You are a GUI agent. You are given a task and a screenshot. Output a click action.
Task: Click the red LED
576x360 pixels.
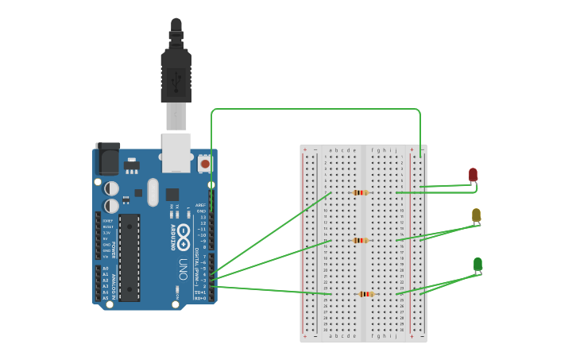(x=473, y=175)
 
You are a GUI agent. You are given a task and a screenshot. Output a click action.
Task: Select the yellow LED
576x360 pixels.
(x=476, y=215)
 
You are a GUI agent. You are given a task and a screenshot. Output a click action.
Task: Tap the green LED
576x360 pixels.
(x=477, y=264)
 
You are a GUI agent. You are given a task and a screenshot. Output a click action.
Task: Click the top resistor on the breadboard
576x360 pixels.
(x=361, y=192)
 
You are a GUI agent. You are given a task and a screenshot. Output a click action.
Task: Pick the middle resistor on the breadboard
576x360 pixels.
(x=361, y=240)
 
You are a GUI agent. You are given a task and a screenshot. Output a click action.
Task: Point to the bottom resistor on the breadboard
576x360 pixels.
(x=365, y=294)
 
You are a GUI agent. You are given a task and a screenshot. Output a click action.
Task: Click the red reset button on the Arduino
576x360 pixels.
(x=205, y=164)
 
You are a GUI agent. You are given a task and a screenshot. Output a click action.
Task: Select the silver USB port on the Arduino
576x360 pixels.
(x=176, y=152)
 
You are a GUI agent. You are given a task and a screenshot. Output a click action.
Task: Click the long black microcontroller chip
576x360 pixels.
(x=130, y=257)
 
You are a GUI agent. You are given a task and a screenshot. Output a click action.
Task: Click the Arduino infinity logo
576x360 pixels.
(x=183, y=234)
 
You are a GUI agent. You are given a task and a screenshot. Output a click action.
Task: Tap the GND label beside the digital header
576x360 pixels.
(x=201, y=211)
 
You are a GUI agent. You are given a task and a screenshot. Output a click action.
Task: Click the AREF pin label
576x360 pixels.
(x=200, y=205)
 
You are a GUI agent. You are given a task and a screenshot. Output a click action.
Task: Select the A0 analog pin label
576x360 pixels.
(x=106, y=269)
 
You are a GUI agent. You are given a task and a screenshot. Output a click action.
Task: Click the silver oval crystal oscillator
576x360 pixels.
(x=153, y=192)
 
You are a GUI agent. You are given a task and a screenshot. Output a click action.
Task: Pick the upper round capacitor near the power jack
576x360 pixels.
(x=112, y=188)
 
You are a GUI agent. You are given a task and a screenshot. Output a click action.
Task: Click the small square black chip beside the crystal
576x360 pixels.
(x=172, y=194)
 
